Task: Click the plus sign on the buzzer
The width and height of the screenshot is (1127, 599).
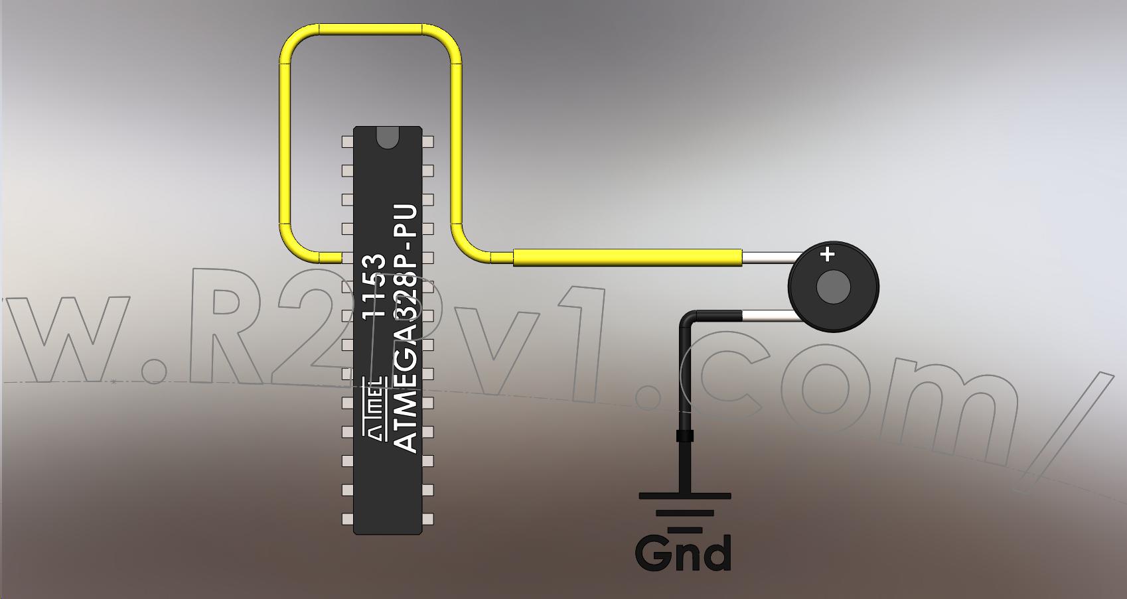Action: click(827, 255)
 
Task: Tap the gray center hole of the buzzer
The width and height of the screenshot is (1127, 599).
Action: click(833, 287)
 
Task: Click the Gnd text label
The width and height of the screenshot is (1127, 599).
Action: click(683, 553)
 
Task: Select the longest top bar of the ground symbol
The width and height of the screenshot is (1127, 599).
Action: click(685, 496)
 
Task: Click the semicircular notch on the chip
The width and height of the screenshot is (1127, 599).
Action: click(388, 137)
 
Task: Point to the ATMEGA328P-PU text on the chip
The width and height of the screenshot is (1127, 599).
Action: click(404, 328)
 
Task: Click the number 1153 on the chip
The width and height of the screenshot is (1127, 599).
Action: click(374, 286)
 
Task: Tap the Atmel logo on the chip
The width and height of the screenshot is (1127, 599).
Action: click(375, 409)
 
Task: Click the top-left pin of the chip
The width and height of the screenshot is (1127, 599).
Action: click(348, 142)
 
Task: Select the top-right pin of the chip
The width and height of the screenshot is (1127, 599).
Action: click(427, 142)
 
